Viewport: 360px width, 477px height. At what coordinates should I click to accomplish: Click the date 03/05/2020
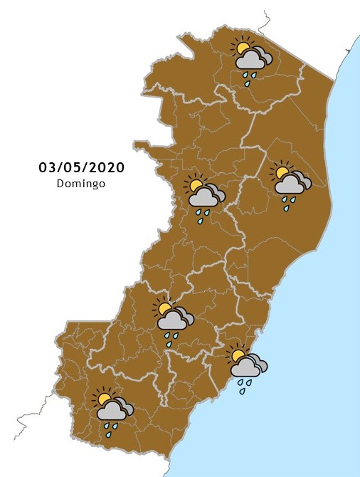pyautogui.click(x=82, y=168)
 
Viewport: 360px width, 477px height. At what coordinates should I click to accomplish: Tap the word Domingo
pyautogui.click(x=81, y=183)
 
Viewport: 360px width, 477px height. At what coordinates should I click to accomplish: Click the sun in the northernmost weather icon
pyautogui.click(x=243, y=48)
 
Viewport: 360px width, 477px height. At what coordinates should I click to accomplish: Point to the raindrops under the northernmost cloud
pyautogui.click(x=248, y=78)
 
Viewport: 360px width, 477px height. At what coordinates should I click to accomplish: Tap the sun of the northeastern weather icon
pyautogui.click(x=282, y=172)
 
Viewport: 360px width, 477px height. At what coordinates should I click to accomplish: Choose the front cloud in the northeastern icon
pyautogui.click(x=290, y=184)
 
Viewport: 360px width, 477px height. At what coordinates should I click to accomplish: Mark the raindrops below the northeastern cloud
pyautogui.click(x=287, y=203)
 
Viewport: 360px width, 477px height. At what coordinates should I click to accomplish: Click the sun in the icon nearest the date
pyautogui.click(x=194, y=185)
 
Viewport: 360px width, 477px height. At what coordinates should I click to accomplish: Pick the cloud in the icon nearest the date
pyautogui.click(x=203, y=197)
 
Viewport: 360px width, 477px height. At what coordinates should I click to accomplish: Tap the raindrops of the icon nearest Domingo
pyautogui.click(x=203, y=216)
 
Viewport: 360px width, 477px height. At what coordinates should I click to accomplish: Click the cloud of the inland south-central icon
pyautogui.click(x=173, y=321)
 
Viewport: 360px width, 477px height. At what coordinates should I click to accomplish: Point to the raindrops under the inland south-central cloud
pyautogui.click(x=171, y=339)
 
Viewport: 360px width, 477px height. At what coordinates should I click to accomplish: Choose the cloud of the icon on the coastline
pyautogui.click(x=246, y=367)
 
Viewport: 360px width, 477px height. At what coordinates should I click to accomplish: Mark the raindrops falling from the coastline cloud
pyautogui.click(x=244, y=386)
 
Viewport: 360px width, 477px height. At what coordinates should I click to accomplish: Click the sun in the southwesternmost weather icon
pyautogui.click(x=105, y=398)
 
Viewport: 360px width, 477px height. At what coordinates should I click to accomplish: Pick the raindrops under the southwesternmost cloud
pyautogui.click(x=110, y=429)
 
